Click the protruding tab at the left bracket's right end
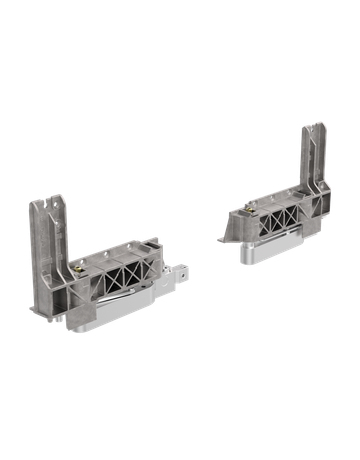180,271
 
